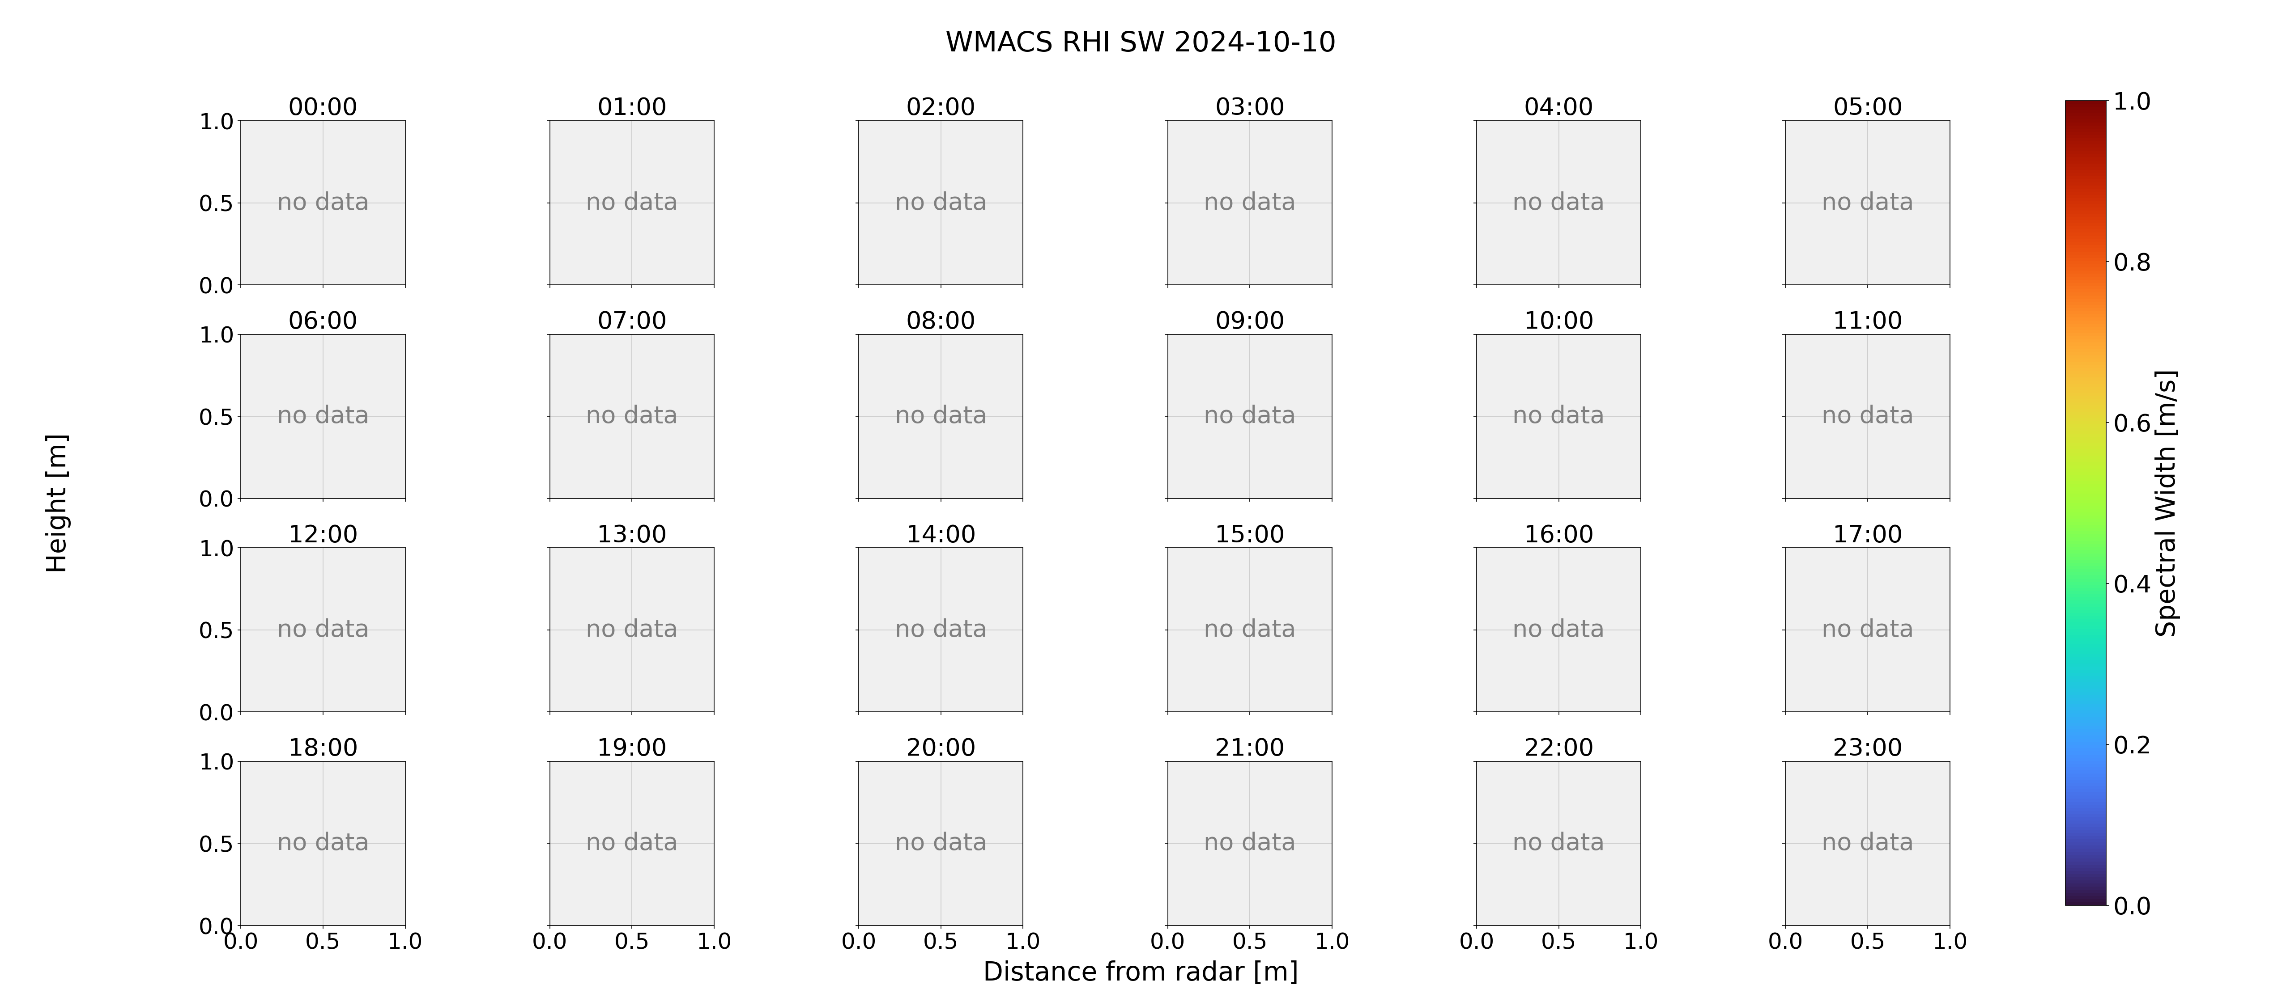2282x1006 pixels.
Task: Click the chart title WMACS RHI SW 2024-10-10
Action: pos(1140,42)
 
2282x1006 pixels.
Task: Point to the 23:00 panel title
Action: pos(1867,748)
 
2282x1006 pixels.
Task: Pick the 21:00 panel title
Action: pos(1249,748)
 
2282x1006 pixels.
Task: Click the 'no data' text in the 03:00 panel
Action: pos(1249,202)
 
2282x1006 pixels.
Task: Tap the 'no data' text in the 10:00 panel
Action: pos(1558,415)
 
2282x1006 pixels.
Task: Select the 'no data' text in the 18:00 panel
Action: pos(323,842)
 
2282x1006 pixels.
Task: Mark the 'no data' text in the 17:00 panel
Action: pos(1867,629)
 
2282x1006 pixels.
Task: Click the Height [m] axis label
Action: pos(57,503)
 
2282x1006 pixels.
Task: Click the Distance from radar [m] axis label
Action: pos(1140,972)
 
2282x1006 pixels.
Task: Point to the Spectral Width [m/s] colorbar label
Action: pos(2165,503)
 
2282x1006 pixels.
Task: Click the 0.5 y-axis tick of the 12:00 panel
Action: pos(216,630)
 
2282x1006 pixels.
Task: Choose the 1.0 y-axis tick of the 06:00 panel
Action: pos(216,335)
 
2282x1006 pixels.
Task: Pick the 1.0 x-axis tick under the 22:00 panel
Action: pos(1641,941)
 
